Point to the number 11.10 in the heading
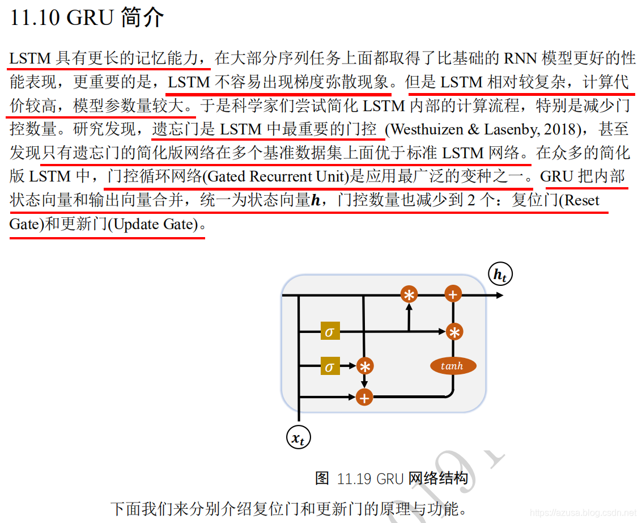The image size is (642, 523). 35,18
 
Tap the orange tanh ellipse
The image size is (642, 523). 453,366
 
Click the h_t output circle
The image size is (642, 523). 500,275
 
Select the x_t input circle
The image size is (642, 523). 298,437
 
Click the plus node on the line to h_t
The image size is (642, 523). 453,294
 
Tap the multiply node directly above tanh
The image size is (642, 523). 453,332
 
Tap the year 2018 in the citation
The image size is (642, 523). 562,129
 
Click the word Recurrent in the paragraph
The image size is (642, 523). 280,177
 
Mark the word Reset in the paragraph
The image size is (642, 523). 582,201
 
